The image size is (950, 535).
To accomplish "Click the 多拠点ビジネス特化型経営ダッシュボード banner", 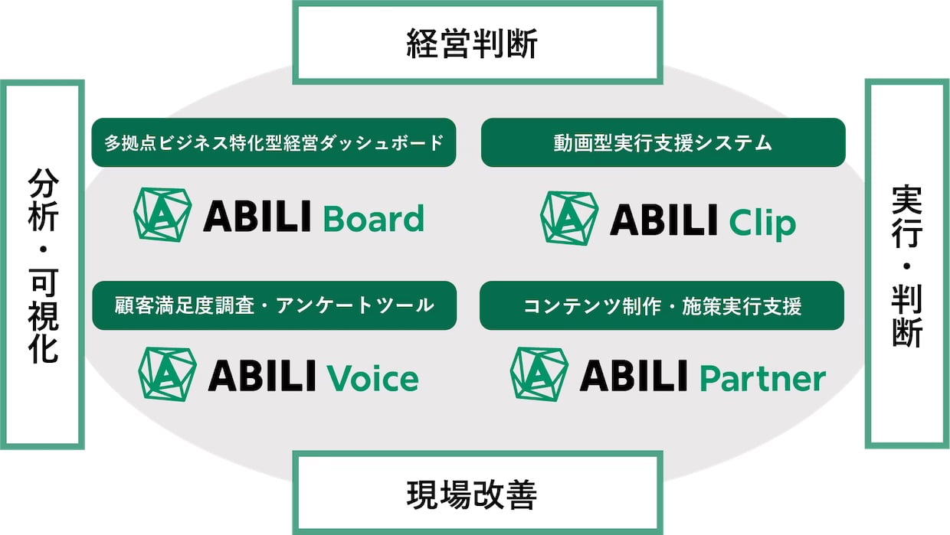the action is [274, 143].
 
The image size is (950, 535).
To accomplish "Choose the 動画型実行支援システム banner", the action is [663, 143].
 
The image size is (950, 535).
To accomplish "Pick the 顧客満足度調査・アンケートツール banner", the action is [274, 305].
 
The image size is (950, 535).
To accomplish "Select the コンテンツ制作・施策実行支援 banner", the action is [662, 305].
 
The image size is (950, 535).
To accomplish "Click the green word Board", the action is [374, 218].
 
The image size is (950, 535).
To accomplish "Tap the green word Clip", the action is [762, 223].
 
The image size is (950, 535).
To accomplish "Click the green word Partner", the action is [762, 378].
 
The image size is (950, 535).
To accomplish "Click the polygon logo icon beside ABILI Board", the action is [162, 215].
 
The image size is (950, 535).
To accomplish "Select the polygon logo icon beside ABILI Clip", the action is [569, 218].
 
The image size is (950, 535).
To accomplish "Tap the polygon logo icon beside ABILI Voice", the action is [168, 374].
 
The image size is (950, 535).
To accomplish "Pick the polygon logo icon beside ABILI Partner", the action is [539, 374].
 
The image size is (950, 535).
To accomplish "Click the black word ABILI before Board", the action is [257, 217].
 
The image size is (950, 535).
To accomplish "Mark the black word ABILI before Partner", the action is [634, 375].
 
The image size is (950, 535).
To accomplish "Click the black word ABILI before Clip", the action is [663, 220].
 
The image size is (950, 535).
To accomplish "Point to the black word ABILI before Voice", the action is [262, 375].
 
